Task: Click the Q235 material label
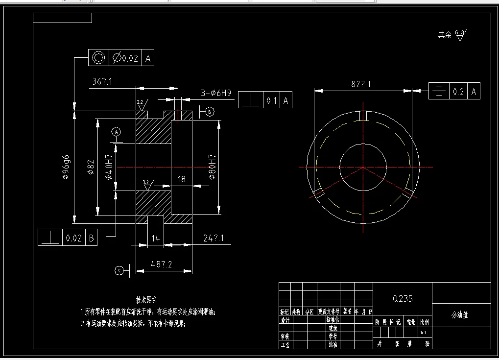(403, 299)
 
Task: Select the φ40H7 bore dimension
(108, 168)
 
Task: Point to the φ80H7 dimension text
(212, 168)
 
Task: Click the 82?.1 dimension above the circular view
(361, 84)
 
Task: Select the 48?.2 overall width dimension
(162, 264)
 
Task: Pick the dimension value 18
(182, 180)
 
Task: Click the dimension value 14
(155, 238)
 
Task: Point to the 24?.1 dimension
(214, 238)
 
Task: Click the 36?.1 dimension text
(102, 82)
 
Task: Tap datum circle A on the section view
(116, 132)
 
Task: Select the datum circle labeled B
(210, 112)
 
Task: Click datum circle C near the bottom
(119, 270)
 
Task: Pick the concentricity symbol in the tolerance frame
(99, 58)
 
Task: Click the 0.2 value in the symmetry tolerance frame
(458, 91)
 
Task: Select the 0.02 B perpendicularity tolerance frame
(68, 238)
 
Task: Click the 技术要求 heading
(146, 300)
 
